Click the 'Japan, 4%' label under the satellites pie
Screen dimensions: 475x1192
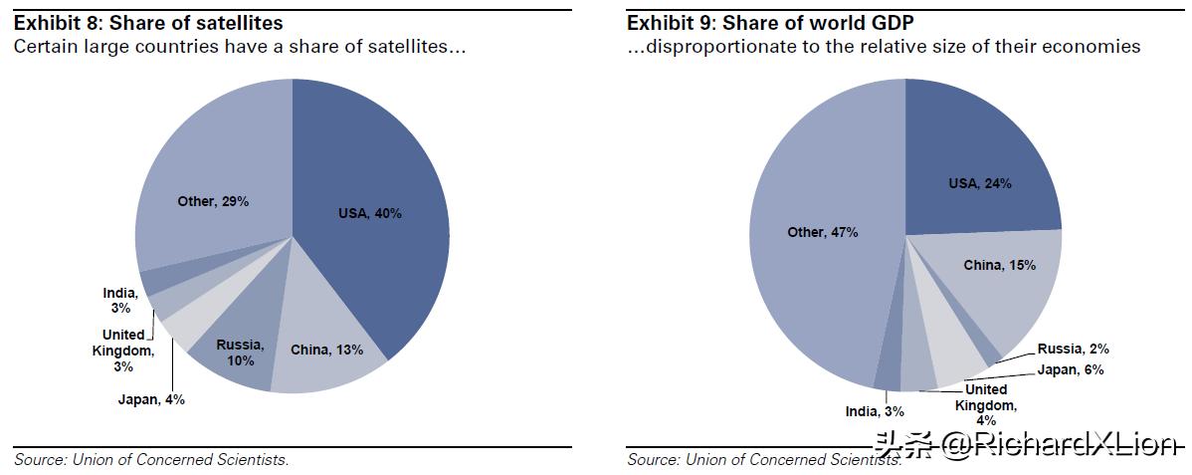[150, 399]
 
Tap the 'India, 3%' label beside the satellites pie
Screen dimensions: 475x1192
[120, 300]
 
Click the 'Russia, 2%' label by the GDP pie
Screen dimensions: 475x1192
[1073, 349]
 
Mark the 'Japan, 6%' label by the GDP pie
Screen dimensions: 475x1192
[1070, 369]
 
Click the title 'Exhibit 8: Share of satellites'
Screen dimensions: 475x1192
[148, 23]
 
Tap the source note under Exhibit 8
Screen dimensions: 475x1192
[151, 459]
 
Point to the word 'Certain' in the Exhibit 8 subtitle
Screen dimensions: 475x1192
[43, 47]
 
